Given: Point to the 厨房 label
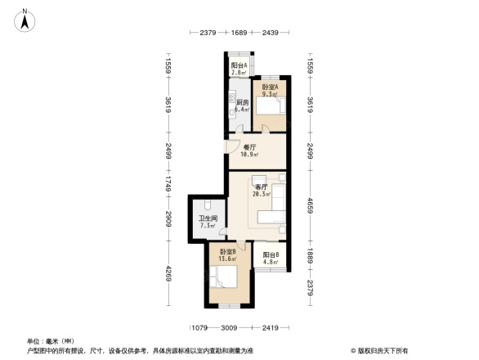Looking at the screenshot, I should (x=241, y=102).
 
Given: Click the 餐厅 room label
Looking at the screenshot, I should (x=249, y=147).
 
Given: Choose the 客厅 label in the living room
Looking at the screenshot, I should (x=261, y=187).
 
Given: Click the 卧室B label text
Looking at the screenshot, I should (x=228, y=251).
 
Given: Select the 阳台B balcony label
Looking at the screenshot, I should (x=271, y=254).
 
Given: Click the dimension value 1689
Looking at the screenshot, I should (x=238, y=34).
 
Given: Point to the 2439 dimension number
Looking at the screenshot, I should (x=271, y=34).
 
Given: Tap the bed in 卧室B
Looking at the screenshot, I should (x=225, y=276).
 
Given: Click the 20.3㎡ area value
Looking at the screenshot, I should (x=262, y=194).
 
